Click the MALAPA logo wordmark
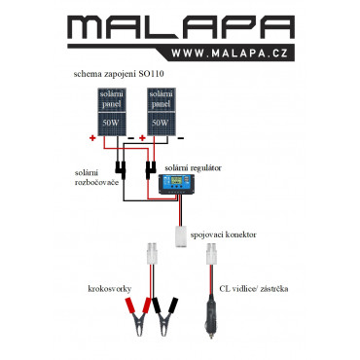tap(181, 28)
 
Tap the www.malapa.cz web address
tap(230, 54)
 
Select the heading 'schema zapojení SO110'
tap(119, 74)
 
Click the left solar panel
tap(112, 112)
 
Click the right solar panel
tap(162, 112)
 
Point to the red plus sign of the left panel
tap(92, 138)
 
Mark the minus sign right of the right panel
tap(181, 138)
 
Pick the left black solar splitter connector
tap(120, 169)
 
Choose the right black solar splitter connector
tap(150, 169)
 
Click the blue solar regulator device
tap(176, 184)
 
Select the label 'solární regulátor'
tap(193, 168)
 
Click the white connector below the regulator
tap(181, 236)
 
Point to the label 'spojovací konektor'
tap(223, 234)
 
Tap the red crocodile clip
tap(137, 314)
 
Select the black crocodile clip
tap(165, 314)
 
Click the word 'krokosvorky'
tap(110, 289)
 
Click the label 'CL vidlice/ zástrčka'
tap(254, 289)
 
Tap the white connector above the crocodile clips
tap(153, 254)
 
